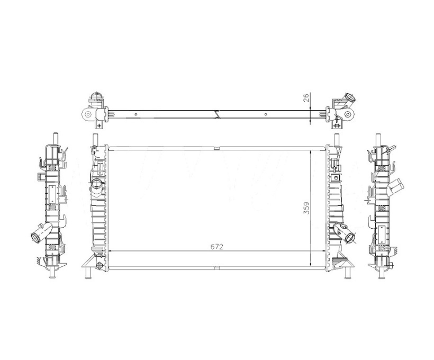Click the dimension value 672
[216, 247]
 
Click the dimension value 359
[306, 208]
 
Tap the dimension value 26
[306, 98]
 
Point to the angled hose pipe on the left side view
[41, 232]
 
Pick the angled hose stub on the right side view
[395, 187]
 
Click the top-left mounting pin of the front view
[95, 139]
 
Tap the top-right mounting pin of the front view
[337, 139]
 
